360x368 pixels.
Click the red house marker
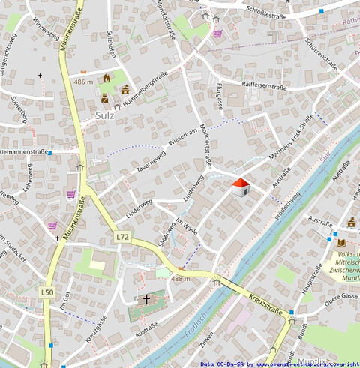coord(240,187)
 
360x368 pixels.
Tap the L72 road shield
coord(123,236)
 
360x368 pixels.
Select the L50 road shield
coord(48,292)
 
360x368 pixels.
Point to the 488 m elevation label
coord(181,278)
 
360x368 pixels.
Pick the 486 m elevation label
coord(83,81)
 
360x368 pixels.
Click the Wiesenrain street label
coord(183,137)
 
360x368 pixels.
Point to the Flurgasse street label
coord(219,95)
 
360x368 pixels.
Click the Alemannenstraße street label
coord(23,151)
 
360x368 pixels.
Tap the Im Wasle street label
coord(186,226)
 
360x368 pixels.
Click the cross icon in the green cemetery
coord(146,299)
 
